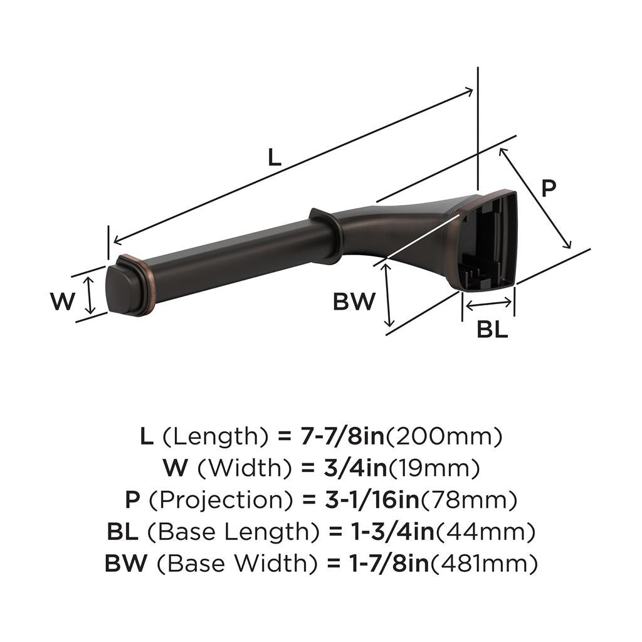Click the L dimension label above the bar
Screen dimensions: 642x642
pyautogui.click(x=274, y=157)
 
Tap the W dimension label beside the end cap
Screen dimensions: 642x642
pyautogui.click(x=63, y=302)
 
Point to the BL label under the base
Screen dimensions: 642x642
pyautogui.click(x=492, y=329)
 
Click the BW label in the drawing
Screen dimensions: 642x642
pyautogui.click(x=354, y=302)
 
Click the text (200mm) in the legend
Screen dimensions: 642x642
pyautogui.click(x=443, y=436)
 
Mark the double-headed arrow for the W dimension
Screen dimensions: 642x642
pyautogui.click(x=90, y=296)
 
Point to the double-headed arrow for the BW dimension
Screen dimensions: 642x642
pyautogui.click(x=387, y=295)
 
